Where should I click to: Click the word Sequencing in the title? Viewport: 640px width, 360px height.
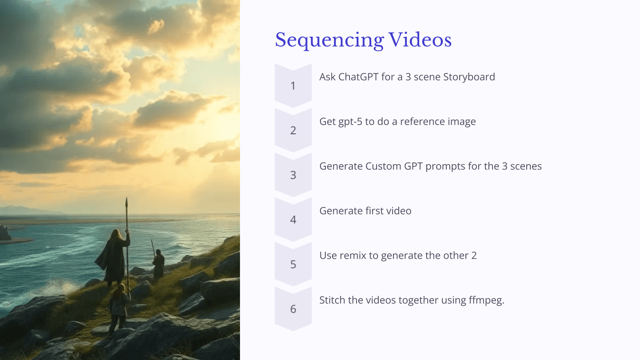point(329,40)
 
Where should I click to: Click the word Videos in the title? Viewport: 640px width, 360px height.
point(420,40)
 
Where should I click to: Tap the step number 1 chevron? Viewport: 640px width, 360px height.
point(293,86)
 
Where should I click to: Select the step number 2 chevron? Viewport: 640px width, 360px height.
point(293,130)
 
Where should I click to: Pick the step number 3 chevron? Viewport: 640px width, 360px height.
point(293,175)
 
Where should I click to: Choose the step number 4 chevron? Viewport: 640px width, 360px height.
point(293,220)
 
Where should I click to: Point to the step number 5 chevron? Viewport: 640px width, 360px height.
point(293,264)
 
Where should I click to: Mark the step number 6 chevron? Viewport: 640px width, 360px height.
point(293,309)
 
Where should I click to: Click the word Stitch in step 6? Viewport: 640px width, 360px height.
point(332,300)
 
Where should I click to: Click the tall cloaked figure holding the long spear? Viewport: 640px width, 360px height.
point(113,256)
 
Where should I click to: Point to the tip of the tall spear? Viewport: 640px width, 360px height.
point(127,199)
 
